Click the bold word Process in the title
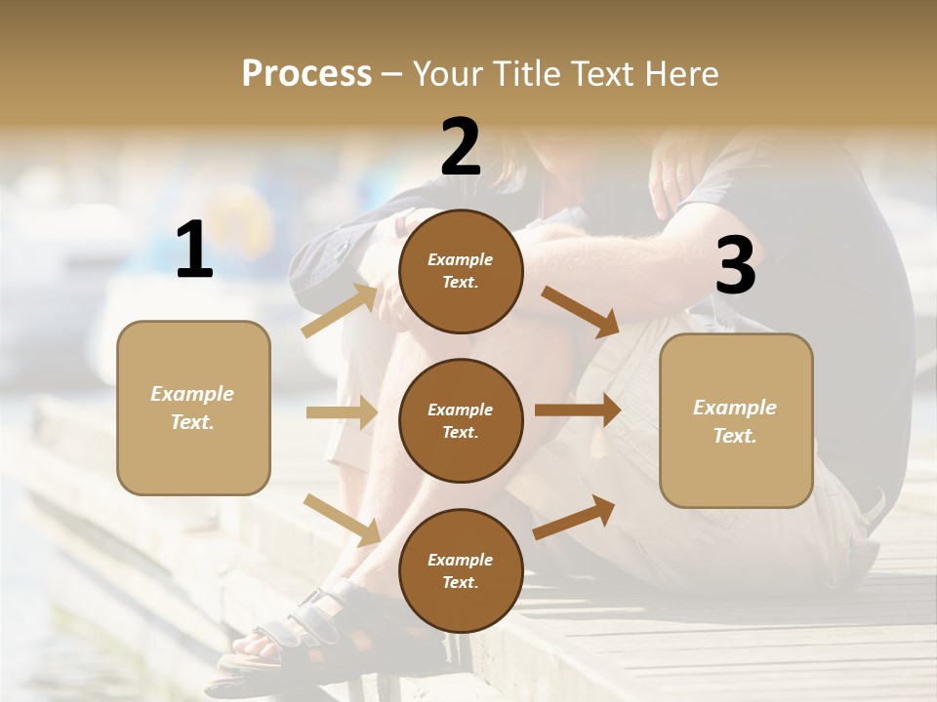pos(306,74)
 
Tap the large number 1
pos(194,251)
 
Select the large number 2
pos(461,146)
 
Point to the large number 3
pos(735,265)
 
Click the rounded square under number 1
pos(193,408)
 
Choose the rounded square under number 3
pos(736,421)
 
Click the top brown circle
pos(461,271)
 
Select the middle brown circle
pos(461,420)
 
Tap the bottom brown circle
pos(461,570)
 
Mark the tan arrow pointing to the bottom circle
pos(342,519)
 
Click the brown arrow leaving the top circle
pos(580,311)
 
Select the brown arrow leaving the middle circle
pos(578,410)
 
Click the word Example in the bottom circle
pos(461,560)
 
